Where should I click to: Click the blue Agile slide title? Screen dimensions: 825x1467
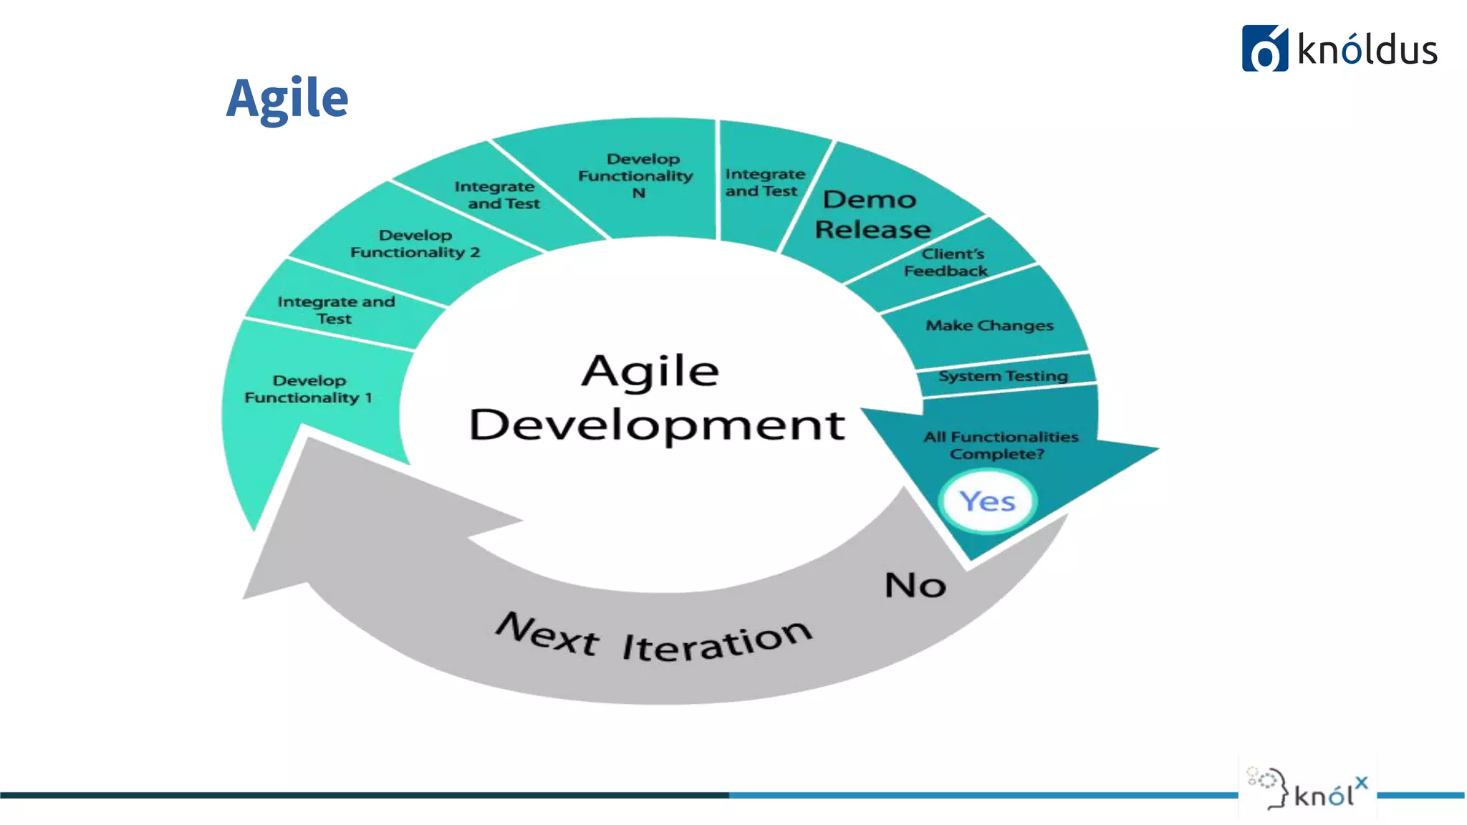(287, 99)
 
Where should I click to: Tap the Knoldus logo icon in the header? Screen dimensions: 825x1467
(1264, 49)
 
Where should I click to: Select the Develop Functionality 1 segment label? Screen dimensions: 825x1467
(309, 389)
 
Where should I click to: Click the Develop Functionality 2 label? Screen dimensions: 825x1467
(415, 243)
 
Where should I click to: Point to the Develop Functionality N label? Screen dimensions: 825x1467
(636, 175)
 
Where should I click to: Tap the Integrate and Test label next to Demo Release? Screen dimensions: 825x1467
(764, 183)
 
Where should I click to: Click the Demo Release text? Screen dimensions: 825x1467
(872, 214)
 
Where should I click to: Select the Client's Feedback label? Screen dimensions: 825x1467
(948, 262)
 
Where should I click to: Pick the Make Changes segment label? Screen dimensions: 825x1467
(989, 326)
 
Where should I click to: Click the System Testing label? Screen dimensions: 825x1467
(1003, 376)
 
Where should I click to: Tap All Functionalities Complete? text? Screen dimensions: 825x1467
(1000, 445)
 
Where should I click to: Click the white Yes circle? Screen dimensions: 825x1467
(988, 501)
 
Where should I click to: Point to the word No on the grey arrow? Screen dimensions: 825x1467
(915, 585)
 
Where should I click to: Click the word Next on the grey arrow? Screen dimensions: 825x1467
(548, 634)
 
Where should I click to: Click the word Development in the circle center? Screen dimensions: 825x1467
(657, 424)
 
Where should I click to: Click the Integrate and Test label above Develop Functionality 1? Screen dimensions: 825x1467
(335, 310)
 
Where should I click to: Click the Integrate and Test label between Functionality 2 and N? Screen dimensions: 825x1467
(497, 195)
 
